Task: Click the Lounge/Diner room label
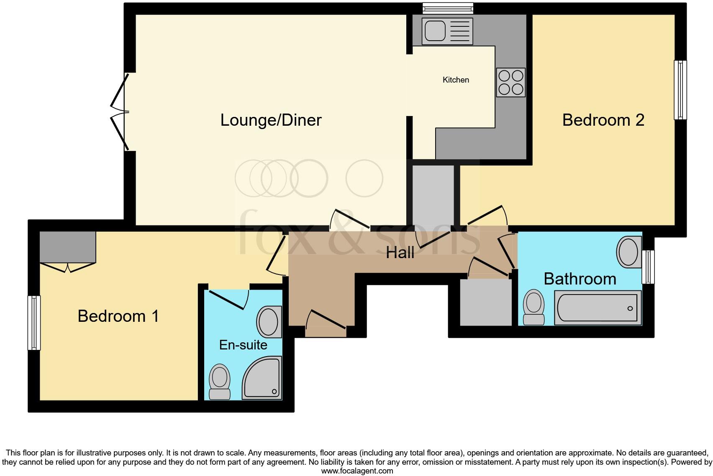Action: coord(271,120)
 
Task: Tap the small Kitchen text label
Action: coord(456,80)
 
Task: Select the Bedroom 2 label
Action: coord(603,120)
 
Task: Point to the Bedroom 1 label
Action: coord(118,316)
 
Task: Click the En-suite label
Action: coord(243,345)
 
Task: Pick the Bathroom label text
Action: coord(580,279)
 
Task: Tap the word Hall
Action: coord(400,253)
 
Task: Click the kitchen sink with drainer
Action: coord(447,31)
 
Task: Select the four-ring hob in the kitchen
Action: coord(511,83)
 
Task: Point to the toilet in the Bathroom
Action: coord(534,308)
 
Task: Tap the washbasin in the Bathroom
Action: coord(629,252)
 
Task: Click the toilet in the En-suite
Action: coord(220,382)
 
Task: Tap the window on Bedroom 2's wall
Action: coord(680,90)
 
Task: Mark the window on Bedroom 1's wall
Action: coord(34,323)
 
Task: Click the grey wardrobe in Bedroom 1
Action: coord(68,247)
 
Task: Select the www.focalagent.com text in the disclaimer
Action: coord(357,471)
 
